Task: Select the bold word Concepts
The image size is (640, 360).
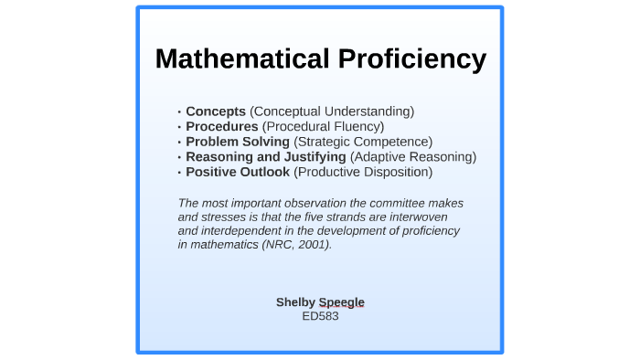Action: click(x=216, y=111)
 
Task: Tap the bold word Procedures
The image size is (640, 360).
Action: click(x=222, y=126)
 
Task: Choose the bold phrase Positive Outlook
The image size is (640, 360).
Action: click(x=238, y=172)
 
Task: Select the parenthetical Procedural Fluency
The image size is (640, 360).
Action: click(x=323, y=126)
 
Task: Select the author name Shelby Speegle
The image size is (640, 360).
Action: click(x=320, y=302)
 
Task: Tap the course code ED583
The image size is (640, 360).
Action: click(x=320, y=316)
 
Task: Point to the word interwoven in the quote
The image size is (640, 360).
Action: click(x=428, y=217)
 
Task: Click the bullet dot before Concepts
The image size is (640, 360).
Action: click(x=179, y=112)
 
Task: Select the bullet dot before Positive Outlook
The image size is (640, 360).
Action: click(x=179, y=173)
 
